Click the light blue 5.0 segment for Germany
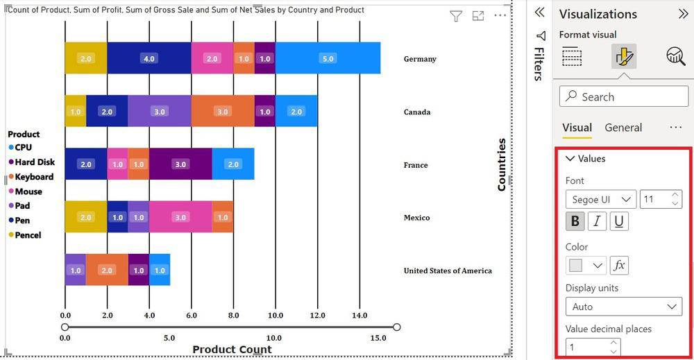pyautogui.click(x=328, y=58)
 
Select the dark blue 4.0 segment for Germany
pyautogui.click(x=149, y=58)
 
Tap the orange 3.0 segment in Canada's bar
pyautogui.click(x=222, y=112)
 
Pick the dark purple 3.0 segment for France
pyautogui.click(x=180, y=164)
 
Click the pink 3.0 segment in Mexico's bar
pyautogui.click(x=180, y=217)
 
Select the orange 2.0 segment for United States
pyautogui.click(x=107, y=271)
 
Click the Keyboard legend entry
pyautogui.click(x=34, y=177)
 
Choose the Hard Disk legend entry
pyautogui.click(x=35, y=162)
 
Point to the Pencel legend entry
pyautogui.click(x=28, y=235)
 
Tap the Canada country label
pyautogui.click(x=417, y=112)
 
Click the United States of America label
pyautogui.click(x=448, y=271)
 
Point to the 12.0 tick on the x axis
pyautogui.click(x=317, y=315)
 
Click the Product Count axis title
pyautogui.click(x=232, y=350)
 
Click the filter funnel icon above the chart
pyautogui.click(x=456, y=16)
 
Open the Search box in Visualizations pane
pyautogui.click(x=624, y=96)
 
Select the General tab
pyautogui.click(x=623, y=128)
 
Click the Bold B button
pyautogui.click(x=575, y=221)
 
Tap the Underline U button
pyautogui.click(x=619, y=221)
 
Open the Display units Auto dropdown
pyautogui.click(x=624, y=307)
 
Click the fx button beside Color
pyautogui.click(x=619, y=265)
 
